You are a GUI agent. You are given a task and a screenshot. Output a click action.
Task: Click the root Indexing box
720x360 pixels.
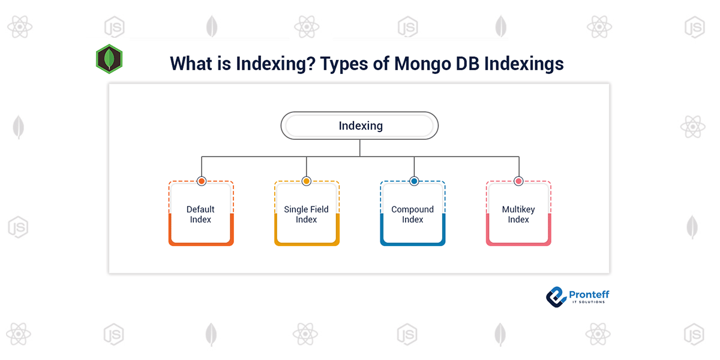[360, 126]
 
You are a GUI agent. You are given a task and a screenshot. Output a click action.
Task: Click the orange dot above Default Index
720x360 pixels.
[201, 181]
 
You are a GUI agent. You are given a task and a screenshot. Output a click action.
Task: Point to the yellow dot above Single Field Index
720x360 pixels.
[307, 181]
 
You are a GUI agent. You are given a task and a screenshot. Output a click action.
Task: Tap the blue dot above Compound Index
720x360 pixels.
[413, 181]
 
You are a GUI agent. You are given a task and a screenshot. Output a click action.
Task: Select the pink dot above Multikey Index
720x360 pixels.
[518, 181]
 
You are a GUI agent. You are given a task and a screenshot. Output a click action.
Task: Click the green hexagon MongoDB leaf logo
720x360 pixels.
[109, 59]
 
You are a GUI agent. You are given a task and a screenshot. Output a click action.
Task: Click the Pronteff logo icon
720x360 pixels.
[556, 296]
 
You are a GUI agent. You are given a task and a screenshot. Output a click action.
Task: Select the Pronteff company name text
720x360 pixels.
[589, 293]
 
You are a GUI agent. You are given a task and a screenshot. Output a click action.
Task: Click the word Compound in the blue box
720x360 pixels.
[413, 209]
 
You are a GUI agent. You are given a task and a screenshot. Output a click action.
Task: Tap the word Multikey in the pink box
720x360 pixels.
[518, 209]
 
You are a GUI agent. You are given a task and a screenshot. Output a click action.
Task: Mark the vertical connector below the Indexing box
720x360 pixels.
[360, 148]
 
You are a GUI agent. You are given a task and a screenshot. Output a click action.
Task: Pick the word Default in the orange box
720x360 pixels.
[200, 209]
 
